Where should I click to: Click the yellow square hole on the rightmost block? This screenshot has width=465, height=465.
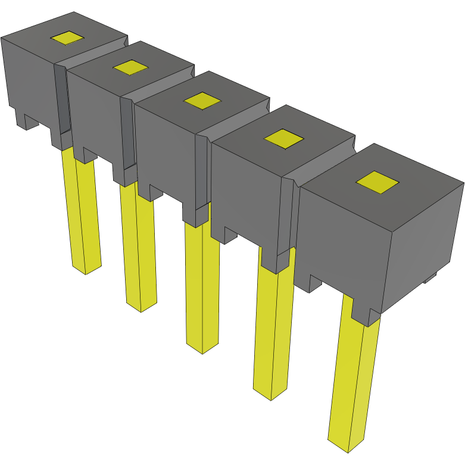[377, 182]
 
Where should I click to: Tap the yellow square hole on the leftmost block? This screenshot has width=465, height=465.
[67, 38]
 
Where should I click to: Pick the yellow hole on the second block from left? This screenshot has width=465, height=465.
[130, 67]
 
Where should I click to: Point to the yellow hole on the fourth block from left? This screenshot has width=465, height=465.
[283, 139]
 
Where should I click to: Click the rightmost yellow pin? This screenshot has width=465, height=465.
[354, 381]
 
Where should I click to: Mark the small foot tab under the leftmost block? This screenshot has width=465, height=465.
[27, 121]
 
